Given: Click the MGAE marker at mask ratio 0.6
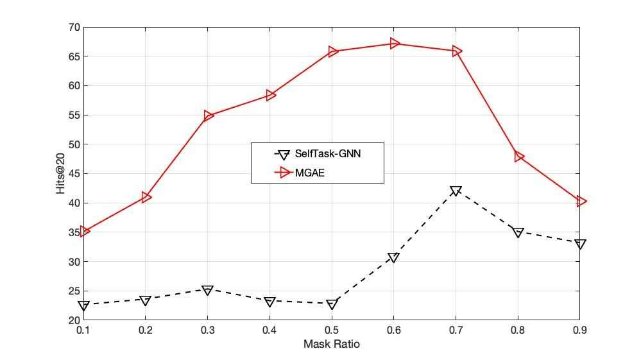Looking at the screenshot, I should pos(395,44).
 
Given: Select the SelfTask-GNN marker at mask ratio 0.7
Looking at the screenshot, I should pos(456,191).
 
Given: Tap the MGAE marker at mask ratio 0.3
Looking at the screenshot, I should pos(208,116).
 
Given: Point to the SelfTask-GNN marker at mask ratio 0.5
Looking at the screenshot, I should pos(332,304).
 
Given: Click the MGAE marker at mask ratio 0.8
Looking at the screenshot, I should pos(519,157).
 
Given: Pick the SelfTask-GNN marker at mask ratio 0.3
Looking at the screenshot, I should pos(207,290).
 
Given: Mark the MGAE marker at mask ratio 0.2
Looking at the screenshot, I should pos(146,197).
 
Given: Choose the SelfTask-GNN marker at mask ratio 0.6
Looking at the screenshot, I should pos(394,257).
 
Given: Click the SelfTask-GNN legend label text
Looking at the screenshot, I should pos(332,154).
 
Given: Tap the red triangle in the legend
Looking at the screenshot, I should pos(280,172).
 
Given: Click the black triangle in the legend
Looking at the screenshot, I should pos(280,155).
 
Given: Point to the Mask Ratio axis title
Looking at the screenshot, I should pos(331,345).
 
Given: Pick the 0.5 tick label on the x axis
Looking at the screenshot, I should pos(331,330).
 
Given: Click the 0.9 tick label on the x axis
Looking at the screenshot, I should pos(579,330).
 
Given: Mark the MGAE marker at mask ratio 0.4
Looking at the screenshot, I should pos(270,96).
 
